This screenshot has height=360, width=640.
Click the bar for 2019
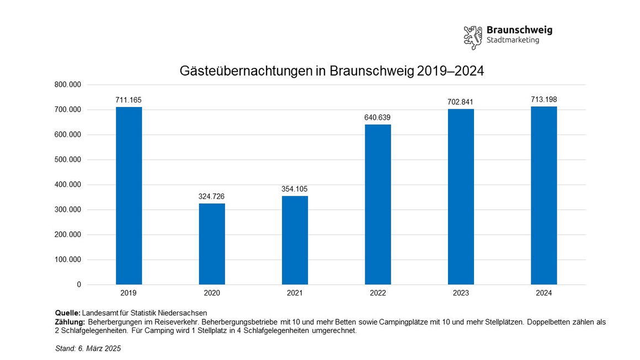pyautogui.click(x=129, y=196)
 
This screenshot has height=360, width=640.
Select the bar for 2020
pyautogui.click(x=212, y=244)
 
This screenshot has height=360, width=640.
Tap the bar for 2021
pyautogui.click(x=295, y=240)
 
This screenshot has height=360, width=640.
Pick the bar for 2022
pyautogui.click(x=378, y=205)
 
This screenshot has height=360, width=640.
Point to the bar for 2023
pyautogui.click(x=461, y=197)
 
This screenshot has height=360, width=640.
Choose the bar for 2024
pyautogui.click(x=544, y=195)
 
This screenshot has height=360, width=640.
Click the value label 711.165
pyautogui.click(x=129, y=100)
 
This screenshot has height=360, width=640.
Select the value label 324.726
pyautogui.click(x=212, y=196)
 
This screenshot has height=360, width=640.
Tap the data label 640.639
pyautogui.click(x=378, y=117)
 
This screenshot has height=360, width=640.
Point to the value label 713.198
pyautogui.click(x=544, y=99)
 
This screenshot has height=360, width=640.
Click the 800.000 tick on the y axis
pyautogui.click(x=68, y=85)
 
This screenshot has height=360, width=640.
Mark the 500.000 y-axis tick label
pyautogui.click(x=68, y=160)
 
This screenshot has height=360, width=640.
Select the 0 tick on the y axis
pyautogui.click(x=79, y=284)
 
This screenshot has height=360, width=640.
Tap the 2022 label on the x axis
pyautogui.click(x=378, y=293)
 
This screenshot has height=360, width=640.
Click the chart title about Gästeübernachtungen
pyautogui.click(x=332, y=71)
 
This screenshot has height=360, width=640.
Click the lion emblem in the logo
pyautogui.click(x=473, y=37)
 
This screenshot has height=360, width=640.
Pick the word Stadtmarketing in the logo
pyautogui.click(x=513, y=40)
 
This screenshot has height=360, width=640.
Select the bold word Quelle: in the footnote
pyautogui.click(x=68, y=313)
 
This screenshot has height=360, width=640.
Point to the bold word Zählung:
pyautogui.click(x=70, y=321)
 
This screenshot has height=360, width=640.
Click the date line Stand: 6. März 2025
pyautogui.click(x=88, y=348)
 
